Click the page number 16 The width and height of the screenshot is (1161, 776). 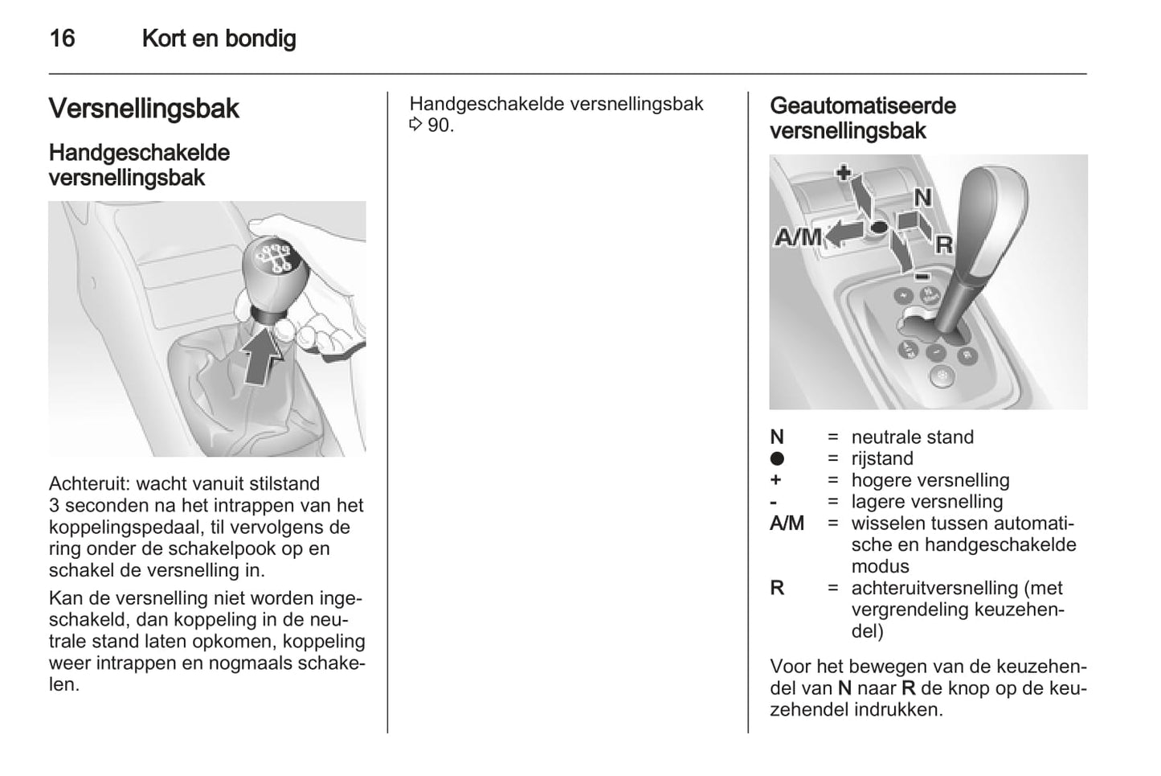62,39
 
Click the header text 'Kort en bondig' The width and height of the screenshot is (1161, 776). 219,39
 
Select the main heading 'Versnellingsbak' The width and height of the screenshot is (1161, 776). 144,109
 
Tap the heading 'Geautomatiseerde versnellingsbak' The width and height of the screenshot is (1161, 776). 862,118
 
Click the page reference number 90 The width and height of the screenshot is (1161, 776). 440,125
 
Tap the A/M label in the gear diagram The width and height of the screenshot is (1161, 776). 798,237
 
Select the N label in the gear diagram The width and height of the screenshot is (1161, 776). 923,198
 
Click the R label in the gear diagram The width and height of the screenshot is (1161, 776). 944,244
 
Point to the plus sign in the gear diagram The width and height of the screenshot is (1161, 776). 843,172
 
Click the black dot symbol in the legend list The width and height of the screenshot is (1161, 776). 777,459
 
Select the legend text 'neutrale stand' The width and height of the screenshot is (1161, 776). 912,437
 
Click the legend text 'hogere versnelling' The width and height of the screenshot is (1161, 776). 930,481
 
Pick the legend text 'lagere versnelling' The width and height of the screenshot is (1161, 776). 926,503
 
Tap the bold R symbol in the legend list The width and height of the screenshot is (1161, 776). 777,589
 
